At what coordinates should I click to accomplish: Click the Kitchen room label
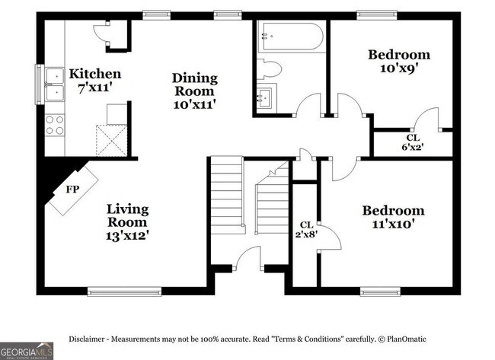point(95,74)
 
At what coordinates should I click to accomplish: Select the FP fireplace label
point(72,190)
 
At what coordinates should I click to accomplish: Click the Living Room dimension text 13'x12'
point(127,235)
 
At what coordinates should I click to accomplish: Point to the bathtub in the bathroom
point(290,37)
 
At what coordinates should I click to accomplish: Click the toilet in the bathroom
point(269,69)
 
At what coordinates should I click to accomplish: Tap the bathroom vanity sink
point(264,97)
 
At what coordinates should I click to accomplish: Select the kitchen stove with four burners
point(55,126)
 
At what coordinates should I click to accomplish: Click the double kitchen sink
point(55,84)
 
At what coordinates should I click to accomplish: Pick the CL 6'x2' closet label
point(413,142)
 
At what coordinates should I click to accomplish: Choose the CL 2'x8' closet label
point(307,229)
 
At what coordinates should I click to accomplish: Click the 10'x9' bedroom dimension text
point(399,68)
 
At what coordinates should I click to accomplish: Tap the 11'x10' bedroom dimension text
point(393,224)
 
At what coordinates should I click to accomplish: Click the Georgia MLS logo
point(27,351)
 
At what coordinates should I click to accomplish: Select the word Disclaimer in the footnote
point(87,339)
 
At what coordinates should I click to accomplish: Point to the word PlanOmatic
point(407,339)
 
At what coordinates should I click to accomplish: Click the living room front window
point(124,292)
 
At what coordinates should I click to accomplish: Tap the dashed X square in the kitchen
point(112,140)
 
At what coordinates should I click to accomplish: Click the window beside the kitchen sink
point(40,84)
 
